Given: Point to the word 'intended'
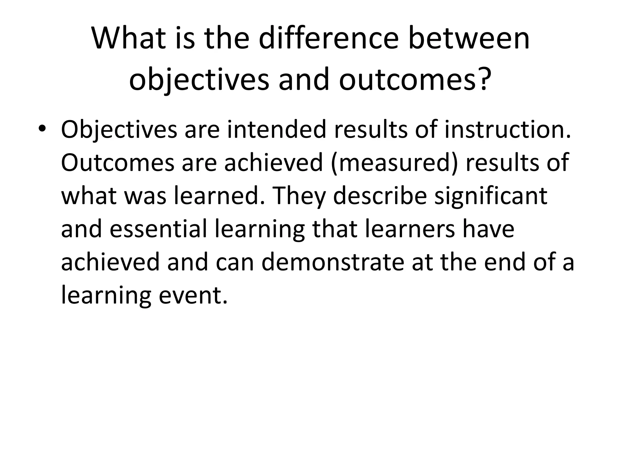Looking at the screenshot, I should pos(276,130).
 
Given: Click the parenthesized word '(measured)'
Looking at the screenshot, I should pos(394,163).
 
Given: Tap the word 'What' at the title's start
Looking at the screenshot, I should pos(129,39).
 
